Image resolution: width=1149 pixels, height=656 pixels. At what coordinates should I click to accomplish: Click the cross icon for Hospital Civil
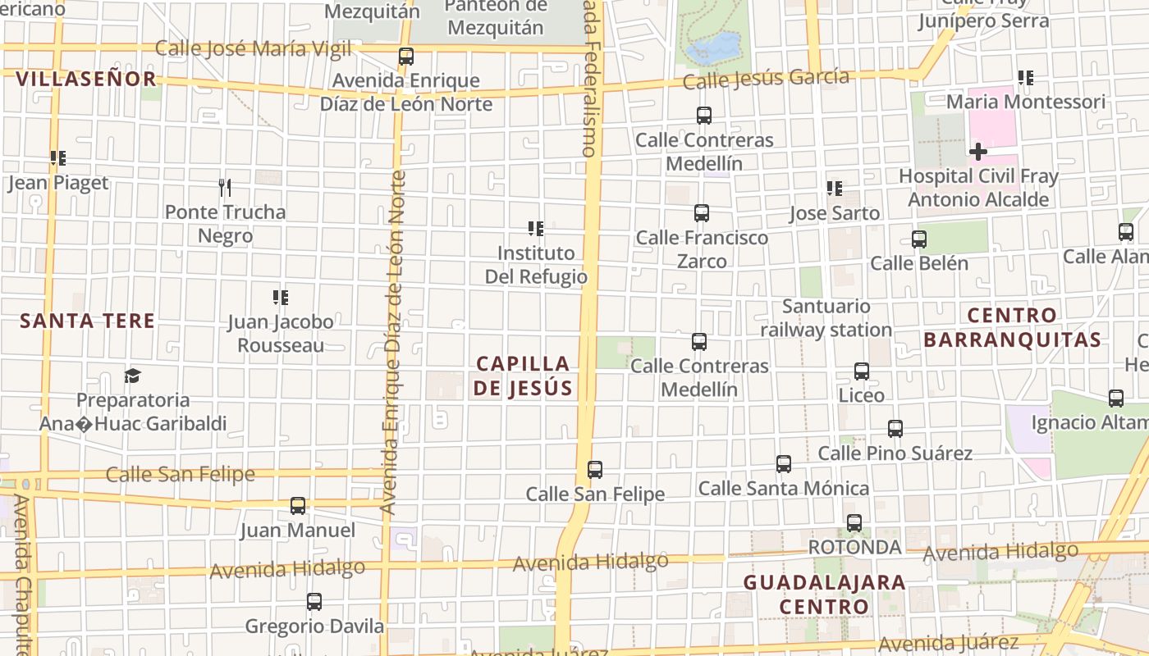pyautogui.click(x=977, y=152)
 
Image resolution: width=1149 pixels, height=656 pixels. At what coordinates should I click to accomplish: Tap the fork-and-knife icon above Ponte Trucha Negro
pyautogui.click(x=225, y=188)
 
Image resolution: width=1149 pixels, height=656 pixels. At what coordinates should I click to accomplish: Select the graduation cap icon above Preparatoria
pyautogui.click(x=132, y=376)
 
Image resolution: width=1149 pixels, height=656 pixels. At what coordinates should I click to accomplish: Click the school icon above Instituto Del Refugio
pyautogui.click(x=536, y=229)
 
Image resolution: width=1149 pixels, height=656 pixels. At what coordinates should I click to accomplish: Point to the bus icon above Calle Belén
pyautogui.click(x=919, y=239)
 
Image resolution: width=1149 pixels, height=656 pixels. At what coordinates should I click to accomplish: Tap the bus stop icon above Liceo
pyautogui.click(x=862, y=371)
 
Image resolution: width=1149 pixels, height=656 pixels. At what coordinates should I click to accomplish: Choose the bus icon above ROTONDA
pyautogui.click(x=854, y=523)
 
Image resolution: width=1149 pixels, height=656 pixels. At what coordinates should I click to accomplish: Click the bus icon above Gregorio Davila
pyautogui.click(x=314, y=603)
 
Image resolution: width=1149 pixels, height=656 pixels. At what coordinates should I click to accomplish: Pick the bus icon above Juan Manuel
pyautogui.click(x=298, y=506)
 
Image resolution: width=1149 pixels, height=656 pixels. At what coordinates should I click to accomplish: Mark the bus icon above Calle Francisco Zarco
pyautogui.click(x=702, y=214)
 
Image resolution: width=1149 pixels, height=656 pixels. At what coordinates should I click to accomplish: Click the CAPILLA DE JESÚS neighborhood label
pyautogui.click(x=523, y=376)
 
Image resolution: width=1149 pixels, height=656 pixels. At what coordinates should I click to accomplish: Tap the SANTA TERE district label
pyautogui.click(x=87, y=321)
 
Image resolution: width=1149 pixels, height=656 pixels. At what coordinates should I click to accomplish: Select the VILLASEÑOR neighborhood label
pyautogui.click(x=86, y=79)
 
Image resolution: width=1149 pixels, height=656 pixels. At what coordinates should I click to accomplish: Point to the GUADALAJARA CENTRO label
pyautogui.click(x=824, y=594)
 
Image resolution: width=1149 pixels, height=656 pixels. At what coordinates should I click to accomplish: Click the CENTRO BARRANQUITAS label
pyautogui.click(x=1012, y=327)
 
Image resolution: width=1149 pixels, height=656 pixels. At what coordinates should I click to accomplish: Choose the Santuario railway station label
pyautogui.click(x=826, y=318)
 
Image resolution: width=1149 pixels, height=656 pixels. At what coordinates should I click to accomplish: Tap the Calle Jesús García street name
pyautogui.click(x=766, y=79)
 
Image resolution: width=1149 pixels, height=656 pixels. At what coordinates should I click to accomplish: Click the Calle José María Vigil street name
pyautogui.click(x=253, y=48)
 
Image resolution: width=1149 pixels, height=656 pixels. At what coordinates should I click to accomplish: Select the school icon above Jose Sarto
pyautogui.click(x=835, y=189)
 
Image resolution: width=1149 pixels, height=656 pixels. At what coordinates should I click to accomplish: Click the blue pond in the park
pyautogui.click(x=713, y=48)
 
